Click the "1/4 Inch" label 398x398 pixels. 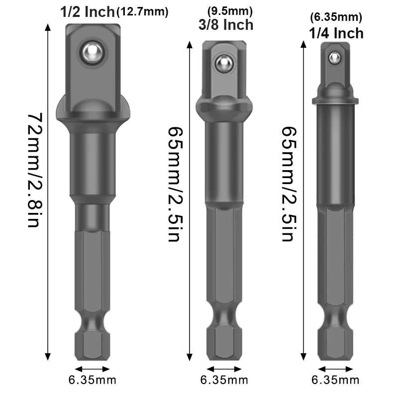[336, 33]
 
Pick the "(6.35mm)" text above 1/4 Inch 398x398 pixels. [336, 18]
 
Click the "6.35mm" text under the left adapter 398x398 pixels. [93, 381]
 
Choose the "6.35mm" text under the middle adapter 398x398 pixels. [224, 381]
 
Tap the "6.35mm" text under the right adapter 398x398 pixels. [335, 381]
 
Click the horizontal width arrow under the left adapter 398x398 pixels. [92, 369]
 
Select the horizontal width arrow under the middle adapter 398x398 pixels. [224, 369]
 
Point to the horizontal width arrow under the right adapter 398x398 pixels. [336, 369]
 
